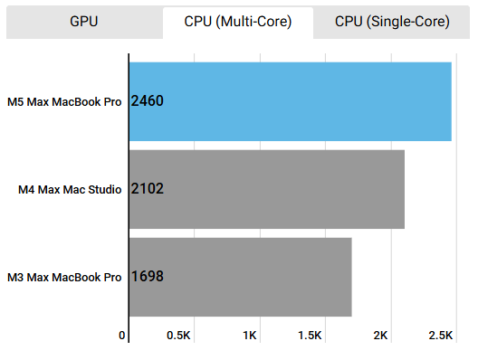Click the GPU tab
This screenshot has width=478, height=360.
pyautogui.click(x=83, y=23)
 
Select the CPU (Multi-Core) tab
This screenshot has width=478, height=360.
pyautogui.click(x=238, y=23)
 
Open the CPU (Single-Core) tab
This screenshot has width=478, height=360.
pyautogui.click(x=392, y=23)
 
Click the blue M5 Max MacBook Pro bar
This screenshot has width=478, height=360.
pyautogui.click(x=290, y=100)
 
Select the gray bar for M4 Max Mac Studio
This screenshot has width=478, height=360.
pyautogui.click(x=266, y=189)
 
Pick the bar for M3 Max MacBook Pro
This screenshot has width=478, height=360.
pyautogui.click(x=240, y=277)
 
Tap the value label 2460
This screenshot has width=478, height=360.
pyautogui.click(x=148, y=101)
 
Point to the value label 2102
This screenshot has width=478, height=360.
pyautogui.click(x=148, y=189)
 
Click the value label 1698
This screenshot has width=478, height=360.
pyautogui.click(x=148, y=277)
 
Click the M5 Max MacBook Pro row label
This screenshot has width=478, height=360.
pyautogui.click(x=63, y=101)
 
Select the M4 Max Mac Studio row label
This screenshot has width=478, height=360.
pyautogui.click(x=70, y=189)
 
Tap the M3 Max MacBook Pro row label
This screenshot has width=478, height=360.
pyautogui.click(x=63, y=277)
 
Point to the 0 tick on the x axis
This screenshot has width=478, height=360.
pyautogui.click(x=122, y=336)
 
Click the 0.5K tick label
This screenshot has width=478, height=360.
pyautogui.click(x=178, y=336)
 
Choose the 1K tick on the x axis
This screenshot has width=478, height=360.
pyautogui.click(x=250, y=336)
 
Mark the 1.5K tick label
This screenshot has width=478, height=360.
pyautogui.click(x=310, y=336)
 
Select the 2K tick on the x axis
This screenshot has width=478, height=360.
pyautogui.click(x=380, y=336)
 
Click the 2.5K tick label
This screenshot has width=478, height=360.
pyautogui.click(x=441, y=336)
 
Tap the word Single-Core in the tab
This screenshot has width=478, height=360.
pyautogui.click(x=409, y=23)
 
